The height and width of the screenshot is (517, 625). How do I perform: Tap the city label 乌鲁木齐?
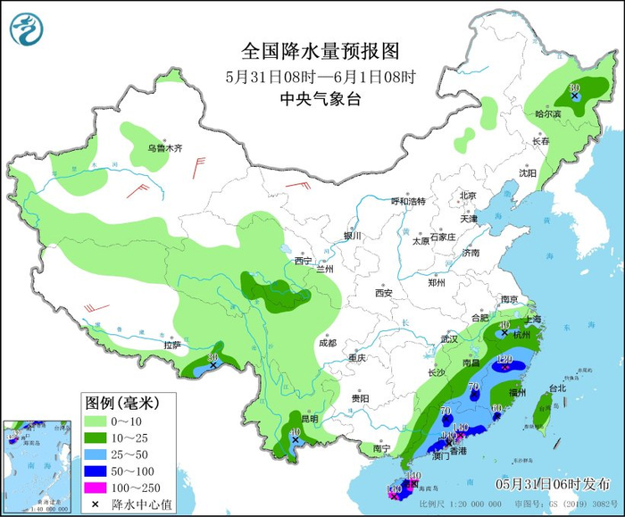tap(164, 148)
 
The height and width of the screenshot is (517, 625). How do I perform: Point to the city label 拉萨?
tap(171, 345)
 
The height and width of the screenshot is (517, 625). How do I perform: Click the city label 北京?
tap(468, 196)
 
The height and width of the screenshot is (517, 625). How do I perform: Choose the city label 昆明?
tap(307, 419)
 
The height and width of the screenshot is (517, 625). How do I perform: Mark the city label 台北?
tap(557, 388)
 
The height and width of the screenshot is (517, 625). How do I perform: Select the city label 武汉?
tap(448, 339)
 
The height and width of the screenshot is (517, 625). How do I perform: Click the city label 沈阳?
tap(528, 173)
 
